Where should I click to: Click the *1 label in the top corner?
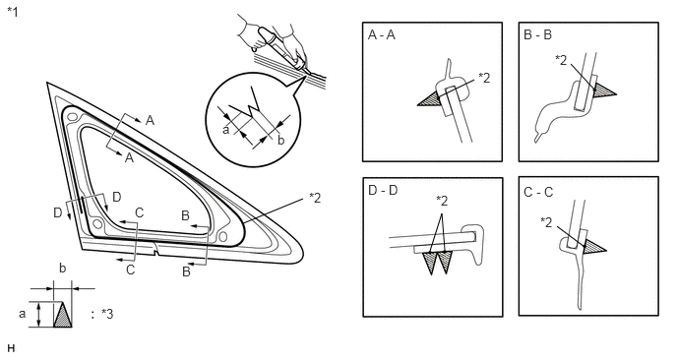(13, 12)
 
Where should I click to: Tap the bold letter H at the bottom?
(11, 348)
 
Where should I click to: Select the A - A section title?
(382, 35)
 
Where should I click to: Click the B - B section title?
(537, 35)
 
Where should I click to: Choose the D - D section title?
(383, 190)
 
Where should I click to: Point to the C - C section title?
(538, 192)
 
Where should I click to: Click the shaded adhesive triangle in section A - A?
(429, 99)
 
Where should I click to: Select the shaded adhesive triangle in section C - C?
(593, 247)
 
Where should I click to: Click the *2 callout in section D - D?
(442, 201)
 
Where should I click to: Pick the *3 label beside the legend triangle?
(107, 314)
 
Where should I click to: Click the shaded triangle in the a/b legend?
(63, 315)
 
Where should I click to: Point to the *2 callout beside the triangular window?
(315, 198)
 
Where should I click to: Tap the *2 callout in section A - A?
(484, 78)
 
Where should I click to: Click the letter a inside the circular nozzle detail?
(225, 130)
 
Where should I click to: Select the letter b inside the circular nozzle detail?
(281, 140)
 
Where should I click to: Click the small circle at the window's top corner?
(72, 116)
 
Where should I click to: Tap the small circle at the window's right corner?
(222, 236)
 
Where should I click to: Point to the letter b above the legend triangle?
(63, 269)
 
